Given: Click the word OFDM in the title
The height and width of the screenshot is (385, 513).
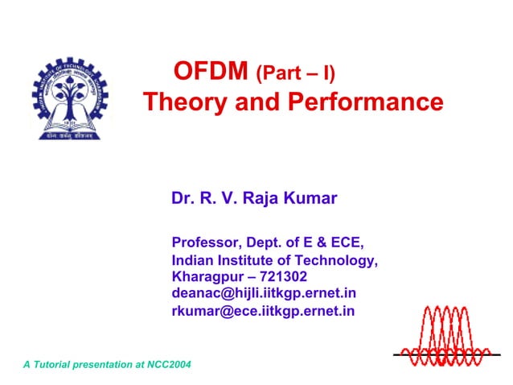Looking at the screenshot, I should click(x=210, y=73).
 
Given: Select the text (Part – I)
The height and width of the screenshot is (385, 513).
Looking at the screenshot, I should click(x=295, y=75).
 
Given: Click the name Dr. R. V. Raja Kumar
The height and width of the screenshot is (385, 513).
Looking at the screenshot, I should click(x=253, y=198).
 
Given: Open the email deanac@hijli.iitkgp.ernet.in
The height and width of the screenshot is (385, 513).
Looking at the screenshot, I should click(x=264, y=293).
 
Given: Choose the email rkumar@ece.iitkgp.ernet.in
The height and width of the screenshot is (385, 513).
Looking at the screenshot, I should click(x=263, y=311).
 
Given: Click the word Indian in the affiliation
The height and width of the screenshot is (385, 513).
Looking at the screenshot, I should click(x=194, y=260).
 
